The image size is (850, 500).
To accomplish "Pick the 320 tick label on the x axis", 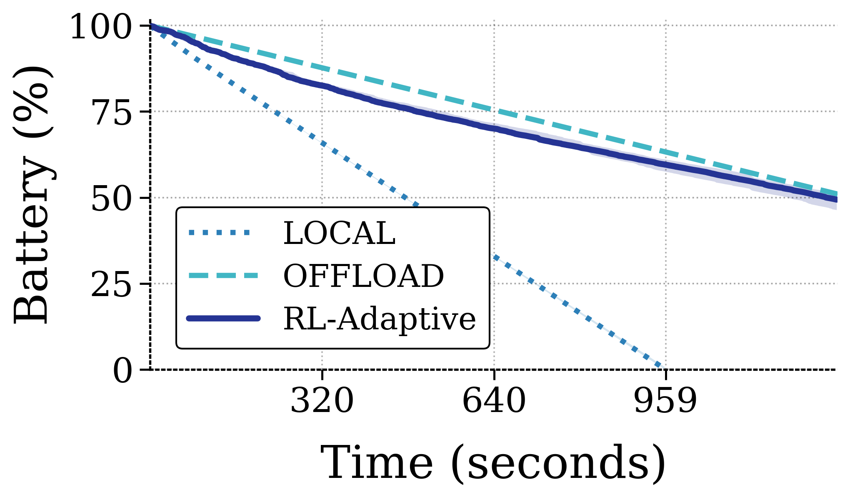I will tap(322, 401).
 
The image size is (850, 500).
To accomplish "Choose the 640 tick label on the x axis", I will tap(494, 401).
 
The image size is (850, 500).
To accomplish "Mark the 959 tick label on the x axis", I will tap(665, 401).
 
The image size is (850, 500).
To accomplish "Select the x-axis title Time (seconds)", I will tap(493, 463).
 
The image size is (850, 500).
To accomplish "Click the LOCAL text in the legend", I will tap(339, 234).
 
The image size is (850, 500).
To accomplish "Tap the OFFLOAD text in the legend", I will tap(363, 276).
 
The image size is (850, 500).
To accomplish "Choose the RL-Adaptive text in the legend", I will tap(379, 319).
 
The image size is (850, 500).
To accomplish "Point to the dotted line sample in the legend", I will tap(220, 233).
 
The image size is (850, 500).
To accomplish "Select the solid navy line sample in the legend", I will tap(224, 319).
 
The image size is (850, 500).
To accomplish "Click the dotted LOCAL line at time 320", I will tap(322, 143).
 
